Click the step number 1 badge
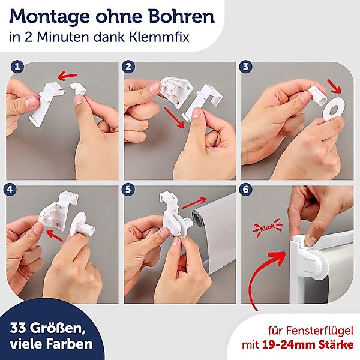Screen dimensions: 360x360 point(17,67)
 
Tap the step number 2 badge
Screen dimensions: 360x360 point(128,67)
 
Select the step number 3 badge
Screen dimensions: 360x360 point(245,67)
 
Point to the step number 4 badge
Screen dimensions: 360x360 point(10,190)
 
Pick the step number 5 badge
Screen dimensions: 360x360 point(128,190)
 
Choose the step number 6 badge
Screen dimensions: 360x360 point(245,190)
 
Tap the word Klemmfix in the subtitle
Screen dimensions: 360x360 point(159,37)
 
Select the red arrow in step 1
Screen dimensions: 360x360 point(67,76)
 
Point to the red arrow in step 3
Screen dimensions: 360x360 point(335,86)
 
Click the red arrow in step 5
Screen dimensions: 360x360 point(194,203)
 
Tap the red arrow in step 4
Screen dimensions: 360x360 point(55,236)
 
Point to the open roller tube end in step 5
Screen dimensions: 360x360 point(197,218)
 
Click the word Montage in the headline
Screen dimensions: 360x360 point(49,17)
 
